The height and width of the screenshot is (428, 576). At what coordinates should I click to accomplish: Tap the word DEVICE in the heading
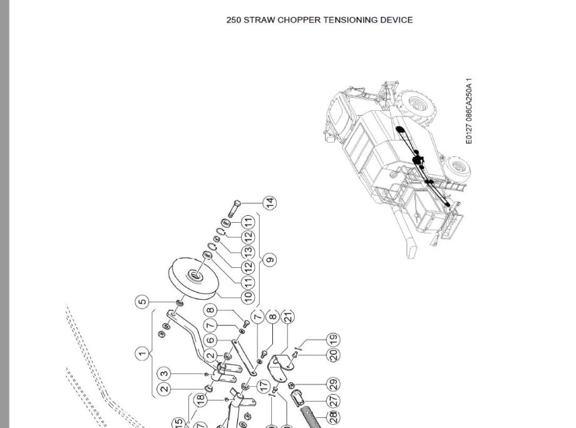(396, 20)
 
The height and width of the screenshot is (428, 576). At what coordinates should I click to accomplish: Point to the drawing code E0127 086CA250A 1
(469, 111)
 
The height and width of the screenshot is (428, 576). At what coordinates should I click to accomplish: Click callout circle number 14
(270, 203)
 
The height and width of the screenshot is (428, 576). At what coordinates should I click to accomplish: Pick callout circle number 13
(249, 251)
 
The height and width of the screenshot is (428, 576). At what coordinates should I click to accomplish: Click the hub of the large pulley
(195, 275)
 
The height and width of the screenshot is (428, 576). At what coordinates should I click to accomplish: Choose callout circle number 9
(270, 259)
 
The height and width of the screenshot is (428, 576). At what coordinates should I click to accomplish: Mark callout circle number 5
(143, 302)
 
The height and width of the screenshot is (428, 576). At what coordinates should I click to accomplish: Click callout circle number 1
(143, 354)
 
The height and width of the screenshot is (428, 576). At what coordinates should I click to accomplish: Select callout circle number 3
(164, 374)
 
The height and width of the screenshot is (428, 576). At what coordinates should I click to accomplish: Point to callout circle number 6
(211, 340)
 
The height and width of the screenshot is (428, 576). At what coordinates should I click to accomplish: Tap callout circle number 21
(288, 317)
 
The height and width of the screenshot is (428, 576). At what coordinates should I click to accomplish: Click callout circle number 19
(334, 340)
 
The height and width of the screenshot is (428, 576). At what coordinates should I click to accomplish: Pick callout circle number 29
(334, 384)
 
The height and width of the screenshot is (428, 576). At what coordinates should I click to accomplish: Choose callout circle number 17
(264, 386)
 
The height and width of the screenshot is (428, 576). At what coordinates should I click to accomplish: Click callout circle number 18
(200, 399)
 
